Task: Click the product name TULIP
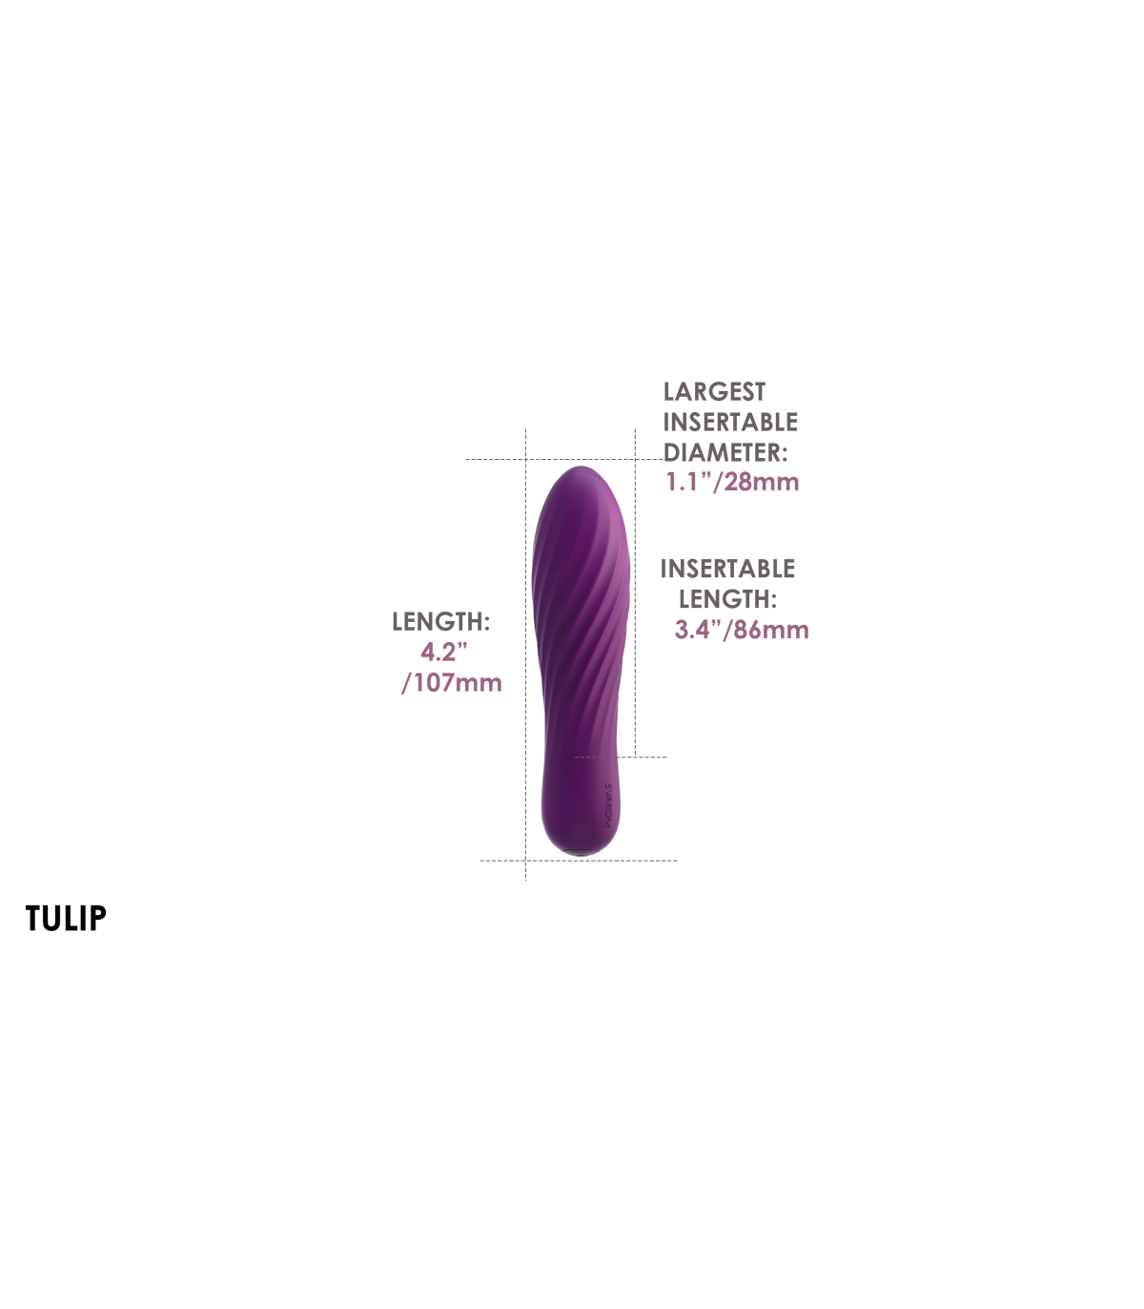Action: [66, 918]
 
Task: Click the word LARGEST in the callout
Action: [714, 391]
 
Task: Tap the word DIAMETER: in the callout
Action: [725, 452]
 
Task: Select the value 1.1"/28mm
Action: [732, 482]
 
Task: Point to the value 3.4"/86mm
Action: [742, 631]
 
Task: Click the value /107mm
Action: [452, 683]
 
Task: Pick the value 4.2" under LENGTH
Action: [444, 652]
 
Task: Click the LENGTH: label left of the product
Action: [441, 622]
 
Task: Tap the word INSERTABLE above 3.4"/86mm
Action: [727, 569]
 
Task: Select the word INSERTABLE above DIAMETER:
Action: [730, 423]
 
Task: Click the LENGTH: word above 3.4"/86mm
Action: [728, 599]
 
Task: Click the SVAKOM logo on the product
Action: [608, 804]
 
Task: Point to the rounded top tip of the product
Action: [581, 467]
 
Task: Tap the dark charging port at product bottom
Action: [580, 853]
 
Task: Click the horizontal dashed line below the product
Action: [579, 861]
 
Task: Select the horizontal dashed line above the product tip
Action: [564, 459]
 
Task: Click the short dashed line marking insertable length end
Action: [622, 757]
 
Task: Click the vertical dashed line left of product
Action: [526, 654]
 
